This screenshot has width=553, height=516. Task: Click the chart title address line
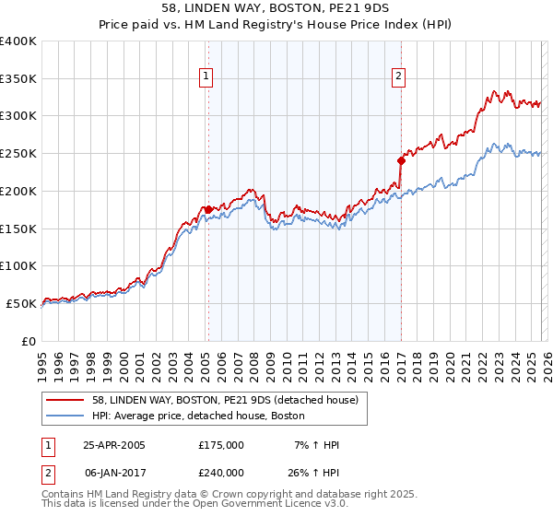276,8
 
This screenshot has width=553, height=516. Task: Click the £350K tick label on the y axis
18,79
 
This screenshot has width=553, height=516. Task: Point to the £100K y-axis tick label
18,265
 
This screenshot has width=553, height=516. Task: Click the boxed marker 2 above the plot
399,77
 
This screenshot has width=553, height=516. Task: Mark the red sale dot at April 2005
208,210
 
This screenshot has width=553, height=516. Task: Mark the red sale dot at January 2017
401,160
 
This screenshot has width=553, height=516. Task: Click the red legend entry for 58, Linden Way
230,399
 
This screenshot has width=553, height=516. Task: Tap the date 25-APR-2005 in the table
114,445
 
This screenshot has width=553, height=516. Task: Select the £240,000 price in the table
221,471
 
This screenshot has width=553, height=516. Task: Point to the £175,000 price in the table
221,445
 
